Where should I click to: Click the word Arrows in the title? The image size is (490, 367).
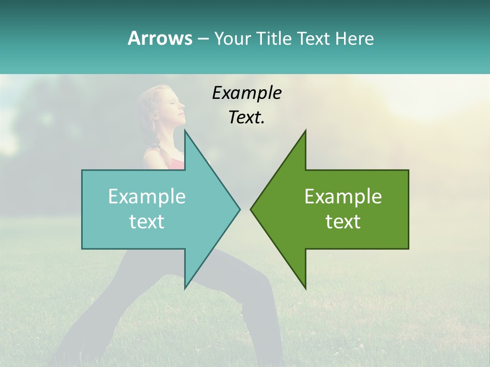pyautogui.click(x=160, y=38)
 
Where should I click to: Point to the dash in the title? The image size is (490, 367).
pyautogui.click(x=203, y=39)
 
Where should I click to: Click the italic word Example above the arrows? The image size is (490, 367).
pyautogui.click(x=247, y=93)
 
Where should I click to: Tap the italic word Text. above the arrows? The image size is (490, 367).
pyautogui.click(x=247, y=117)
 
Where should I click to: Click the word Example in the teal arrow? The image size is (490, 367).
pyautogui.click(x=147, y=197)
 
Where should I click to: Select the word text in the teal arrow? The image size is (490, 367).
pyautogui.click(x=147, y=222)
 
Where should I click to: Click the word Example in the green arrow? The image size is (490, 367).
pyautogui.click(x=343, y=197)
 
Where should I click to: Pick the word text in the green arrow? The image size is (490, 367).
pyautogui.click(x=343, y=222)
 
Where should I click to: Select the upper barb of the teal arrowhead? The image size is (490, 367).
pyautogui.click(x=186, y=134)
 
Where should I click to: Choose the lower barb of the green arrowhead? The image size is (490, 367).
pyautogui.click(x=305, y=285)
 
